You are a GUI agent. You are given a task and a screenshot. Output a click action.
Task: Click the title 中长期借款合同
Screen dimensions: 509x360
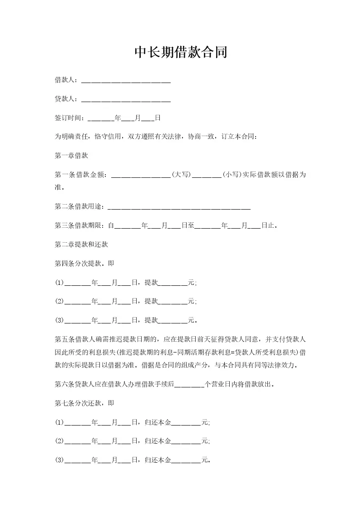coord(180,53)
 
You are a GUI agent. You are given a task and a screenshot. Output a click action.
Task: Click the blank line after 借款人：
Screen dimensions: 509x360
coord(125,81)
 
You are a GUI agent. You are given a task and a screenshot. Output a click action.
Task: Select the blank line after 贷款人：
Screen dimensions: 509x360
coord(125,100)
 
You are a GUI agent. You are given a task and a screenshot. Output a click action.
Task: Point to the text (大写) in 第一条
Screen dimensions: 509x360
coord(181,174)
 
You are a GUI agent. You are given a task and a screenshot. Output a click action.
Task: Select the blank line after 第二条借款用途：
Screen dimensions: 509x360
coord(180,207)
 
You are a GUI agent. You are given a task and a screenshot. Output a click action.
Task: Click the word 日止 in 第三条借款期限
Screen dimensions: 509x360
coord(267,225)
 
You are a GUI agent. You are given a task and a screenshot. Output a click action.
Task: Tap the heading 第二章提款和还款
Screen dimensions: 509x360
coord(81,244)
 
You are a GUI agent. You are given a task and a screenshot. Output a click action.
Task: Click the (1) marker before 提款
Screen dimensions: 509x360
coord(59,283)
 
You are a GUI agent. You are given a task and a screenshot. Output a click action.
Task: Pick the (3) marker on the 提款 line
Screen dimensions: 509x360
coord(59,320)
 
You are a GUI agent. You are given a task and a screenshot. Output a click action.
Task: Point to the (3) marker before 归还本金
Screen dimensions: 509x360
coord(59,460)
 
